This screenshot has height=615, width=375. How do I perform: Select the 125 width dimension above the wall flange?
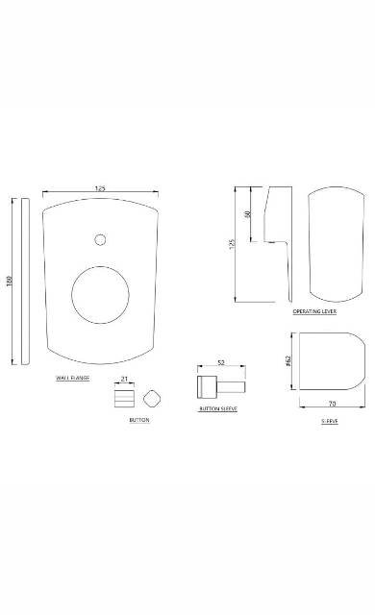[99, 188]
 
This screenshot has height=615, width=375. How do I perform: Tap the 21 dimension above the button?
[125, 380]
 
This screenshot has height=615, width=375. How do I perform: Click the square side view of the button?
[124, 398]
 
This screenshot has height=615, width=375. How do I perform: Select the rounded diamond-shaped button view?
[150, 398]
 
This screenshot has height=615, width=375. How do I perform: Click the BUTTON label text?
[139, 421]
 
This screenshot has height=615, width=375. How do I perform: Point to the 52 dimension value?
[220, 363]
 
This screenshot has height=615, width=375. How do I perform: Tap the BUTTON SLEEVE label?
[218, 409]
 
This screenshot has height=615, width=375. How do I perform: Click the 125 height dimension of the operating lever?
[232, 244]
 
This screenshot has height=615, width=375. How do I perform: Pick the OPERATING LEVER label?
[314, 312]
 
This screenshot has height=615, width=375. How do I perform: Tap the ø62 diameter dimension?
[288, 361]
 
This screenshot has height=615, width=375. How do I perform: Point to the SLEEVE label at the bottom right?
[330, 421]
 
